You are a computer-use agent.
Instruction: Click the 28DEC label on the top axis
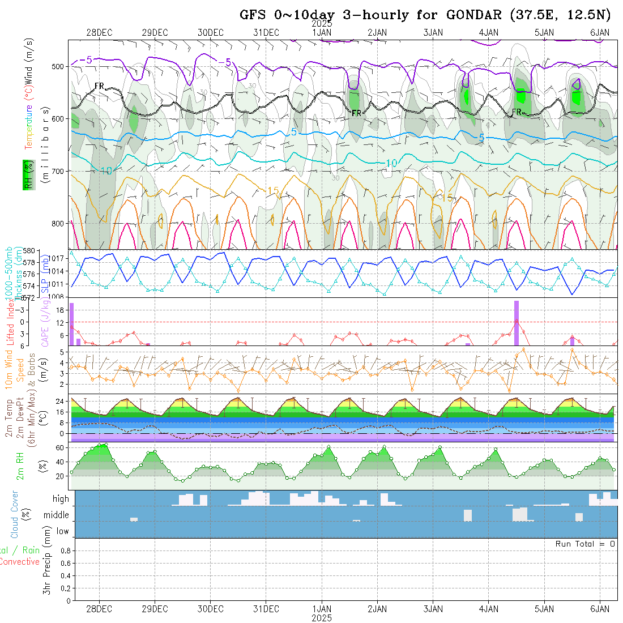coord(99,32)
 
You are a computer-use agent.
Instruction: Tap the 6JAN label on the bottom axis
coord(600,609)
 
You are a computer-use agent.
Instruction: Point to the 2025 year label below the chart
coord(322,618)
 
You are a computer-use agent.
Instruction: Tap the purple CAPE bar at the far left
coord(72,324)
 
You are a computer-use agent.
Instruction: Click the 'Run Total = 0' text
coord(585,544)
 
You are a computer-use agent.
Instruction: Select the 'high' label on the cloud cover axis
coord(61,499)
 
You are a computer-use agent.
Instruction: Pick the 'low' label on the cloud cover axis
coord(62,531)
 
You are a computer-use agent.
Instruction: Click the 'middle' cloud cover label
coord(57,515)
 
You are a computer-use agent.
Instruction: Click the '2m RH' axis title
coord(20,465)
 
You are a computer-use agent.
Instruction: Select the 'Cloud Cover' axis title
coord(15,514)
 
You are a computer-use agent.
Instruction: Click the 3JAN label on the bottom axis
coord(433,609)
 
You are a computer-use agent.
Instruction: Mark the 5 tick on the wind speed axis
coord(65,352)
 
